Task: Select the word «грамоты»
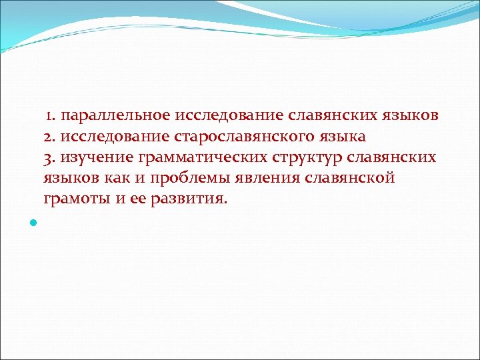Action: coord(72,199)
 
